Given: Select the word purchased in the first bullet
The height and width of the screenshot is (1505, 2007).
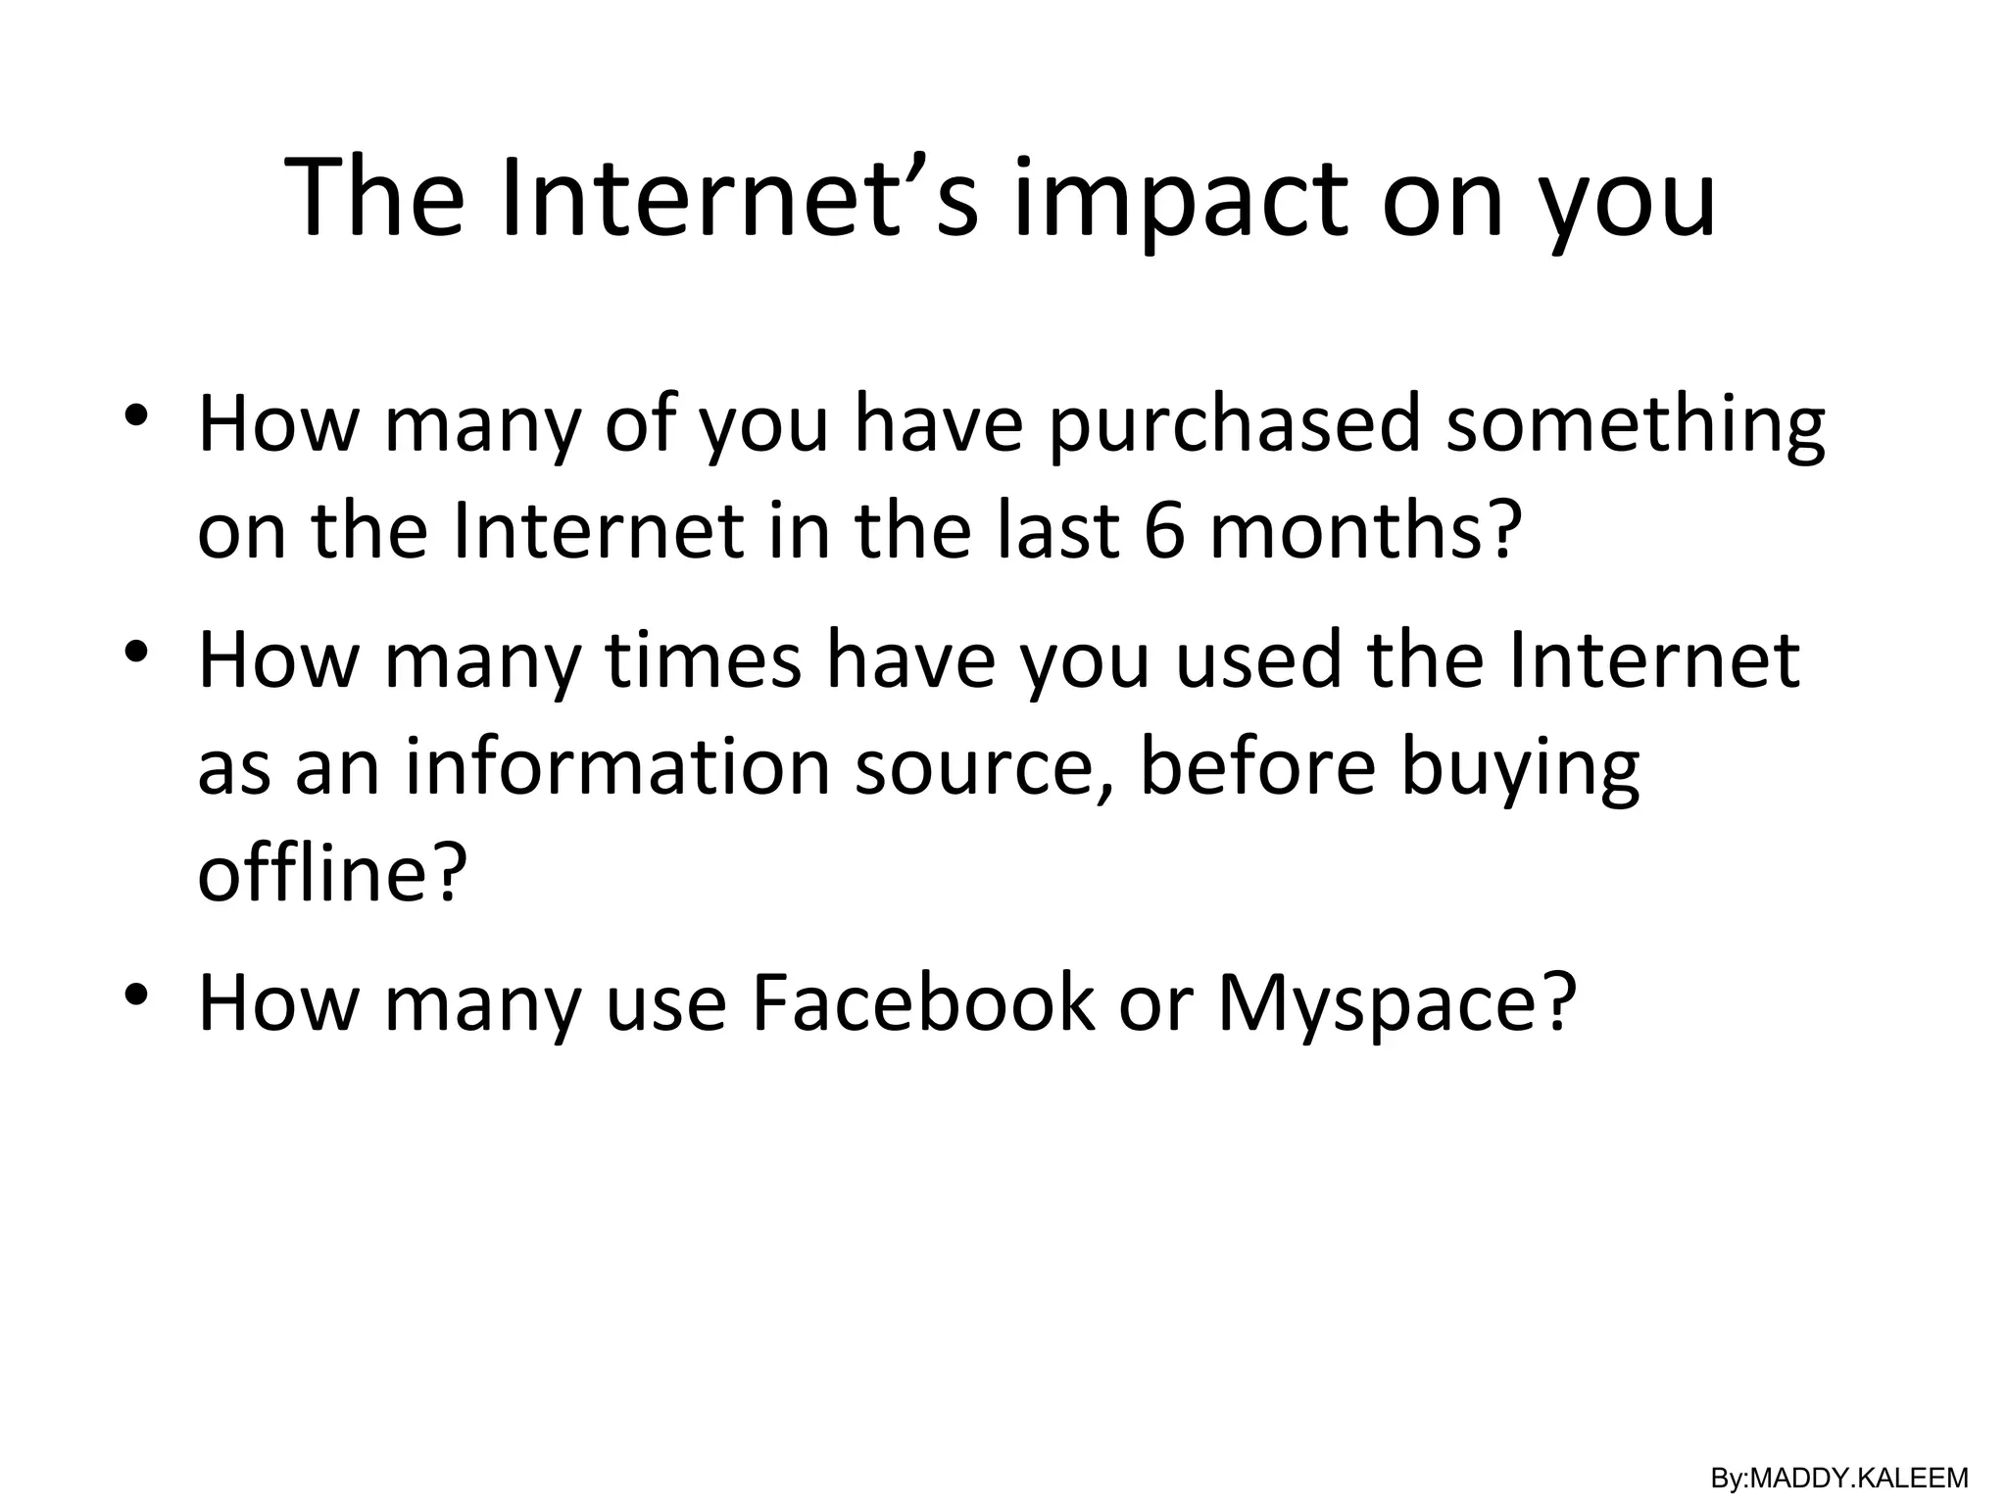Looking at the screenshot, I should pos(1234,426).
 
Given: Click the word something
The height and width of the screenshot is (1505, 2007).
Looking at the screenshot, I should pos(1636,426).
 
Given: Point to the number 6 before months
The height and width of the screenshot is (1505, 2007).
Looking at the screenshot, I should pos(1164,532).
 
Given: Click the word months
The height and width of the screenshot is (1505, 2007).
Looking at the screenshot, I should pos(1365,532).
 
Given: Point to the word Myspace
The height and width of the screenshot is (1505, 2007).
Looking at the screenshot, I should pos(1396,1004).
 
